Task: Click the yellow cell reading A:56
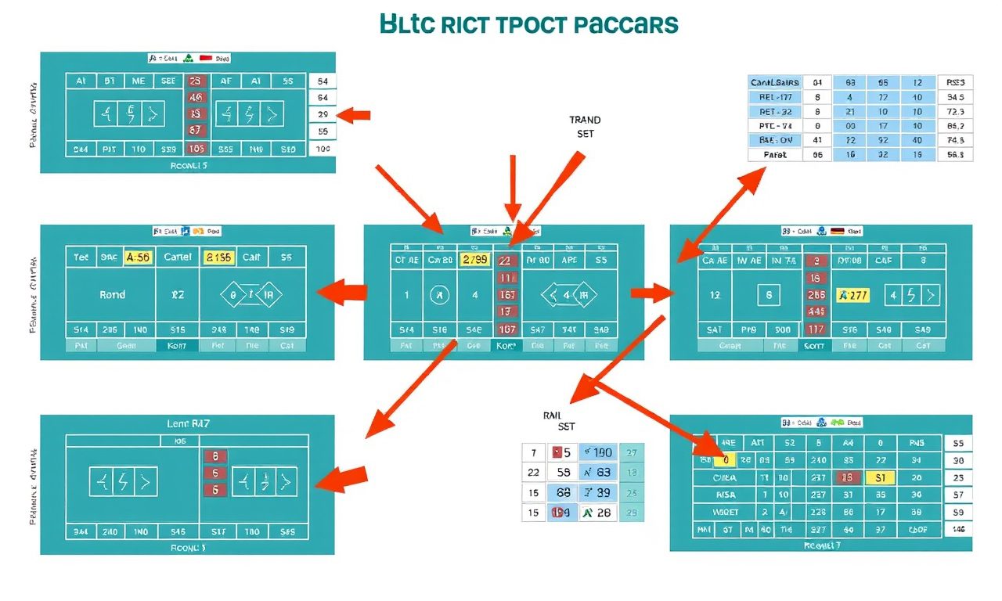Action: coord(137,257)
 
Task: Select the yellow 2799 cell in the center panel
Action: coord(476,260)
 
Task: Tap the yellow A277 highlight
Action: coord(853,296)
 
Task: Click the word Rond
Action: coord(112,295)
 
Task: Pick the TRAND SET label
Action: coord(585,127)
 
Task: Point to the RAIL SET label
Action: coord(558,421)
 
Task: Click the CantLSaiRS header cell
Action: coord(774,82)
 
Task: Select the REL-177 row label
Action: coord(776,97)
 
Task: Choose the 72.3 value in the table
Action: coord(955,112)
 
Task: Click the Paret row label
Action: coord(774,155)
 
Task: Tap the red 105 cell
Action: coord(196,149)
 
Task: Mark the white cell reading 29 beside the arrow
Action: coord(323,114)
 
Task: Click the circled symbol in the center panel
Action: coord(440,296)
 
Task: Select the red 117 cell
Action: coord(816,329)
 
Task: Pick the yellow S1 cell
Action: coord(881,477)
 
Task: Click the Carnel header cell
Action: coord(178,257)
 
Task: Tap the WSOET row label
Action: coord(726,512)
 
